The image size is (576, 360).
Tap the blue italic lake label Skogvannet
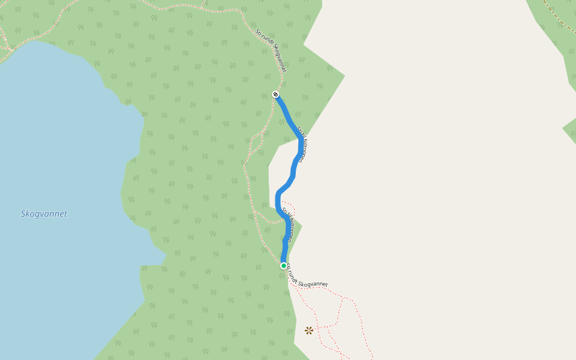(x=44, y=214)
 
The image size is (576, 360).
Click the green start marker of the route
(x=284, y=265)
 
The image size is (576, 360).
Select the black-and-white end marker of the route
(x=275, y=94)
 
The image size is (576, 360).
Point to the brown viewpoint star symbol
(x=309, y=330)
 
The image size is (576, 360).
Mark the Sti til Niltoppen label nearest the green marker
(x=287, y=225)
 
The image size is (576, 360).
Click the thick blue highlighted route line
(x=293, y=174)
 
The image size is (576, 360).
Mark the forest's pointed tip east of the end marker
(x=343, y=76)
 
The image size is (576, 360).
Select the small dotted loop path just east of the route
(x=289, y=209)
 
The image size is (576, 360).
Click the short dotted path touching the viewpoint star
(x=321, y=328)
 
